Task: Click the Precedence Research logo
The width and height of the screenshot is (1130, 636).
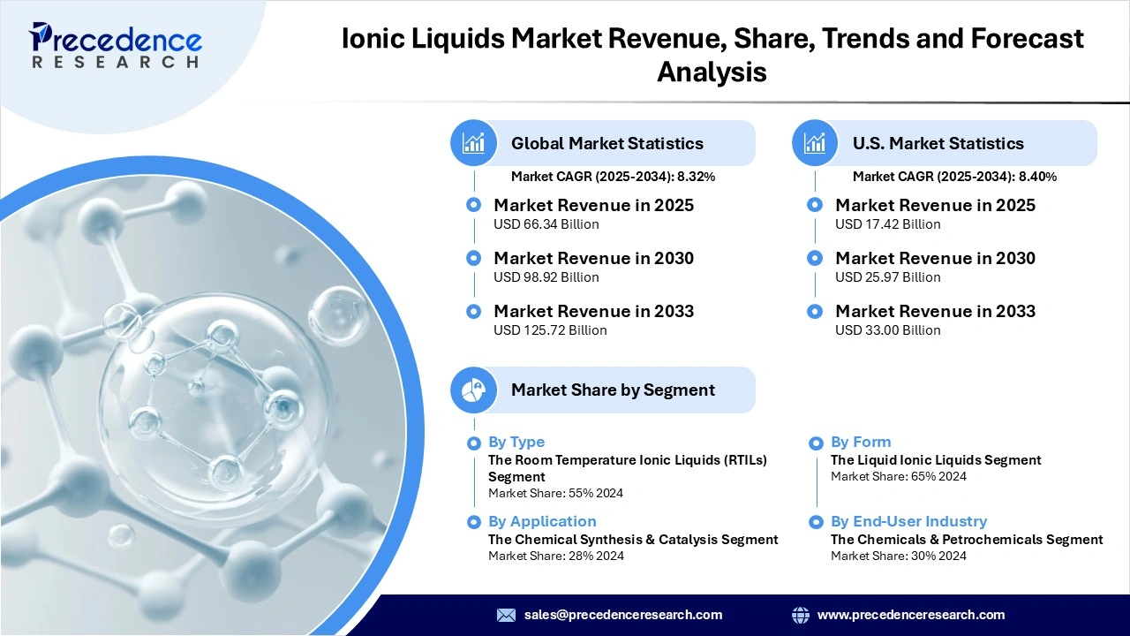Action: (116, 44)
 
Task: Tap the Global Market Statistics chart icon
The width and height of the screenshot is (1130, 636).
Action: (473, 143)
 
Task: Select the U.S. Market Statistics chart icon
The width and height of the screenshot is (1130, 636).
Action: (815, 143)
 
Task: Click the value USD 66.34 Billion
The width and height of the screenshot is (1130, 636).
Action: (546, 224)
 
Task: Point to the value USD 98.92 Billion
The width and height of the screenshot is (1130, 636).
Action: (546, 277)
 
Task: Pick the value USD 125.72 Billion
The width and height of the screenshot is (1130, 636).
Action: (550, 330)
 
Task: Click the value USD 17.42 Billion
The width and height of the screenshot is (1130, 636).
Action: (887, 224)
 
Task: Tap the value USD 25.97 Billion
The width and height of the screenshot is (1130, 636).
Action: (887, 277)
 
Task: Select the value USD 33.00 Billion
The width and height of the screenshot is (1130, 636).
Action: (887, 330)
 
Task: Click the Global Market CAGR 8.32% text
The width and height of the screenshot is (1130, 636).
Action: (613, 177)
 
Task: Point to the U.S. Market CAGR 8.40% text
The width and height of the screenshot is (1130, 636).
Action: (954, 177)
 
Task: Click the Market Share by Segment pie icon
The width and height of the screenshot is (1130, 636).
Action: (473, 390)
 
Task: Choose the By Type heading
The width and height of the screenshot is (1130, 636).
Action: (516, 442)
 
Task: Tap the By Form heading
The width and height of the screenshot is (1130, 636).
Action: (860, 442)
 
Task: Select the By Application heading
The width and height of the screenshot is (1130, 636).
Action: (542, 521)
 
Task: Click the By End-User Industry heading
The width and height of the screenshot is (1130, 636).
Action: (908, 521)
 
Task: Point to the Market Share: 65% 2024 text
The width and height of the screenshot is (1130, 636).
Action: (898, 476)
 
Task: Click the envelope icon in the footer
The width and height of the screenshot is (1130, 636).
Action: (506, 615)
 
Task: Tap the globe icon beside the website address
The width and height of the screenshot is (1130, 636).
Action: (801, 615)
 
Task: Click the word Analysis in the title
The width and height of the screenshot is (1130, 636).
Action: (712, 72)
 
